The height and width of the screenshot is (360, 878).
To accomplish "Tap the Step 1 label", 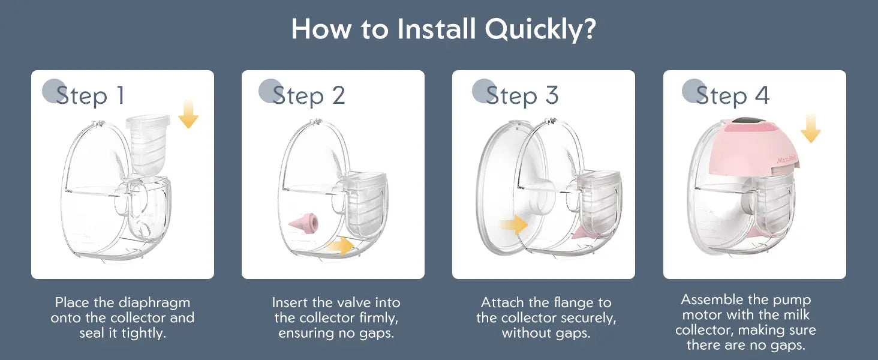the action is tap(90, 95).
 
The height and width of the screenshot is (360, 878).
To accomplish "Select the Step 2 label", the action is tap(309, 95).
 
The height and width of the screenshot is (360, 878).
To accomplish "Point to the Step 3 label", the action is tap(522, 95).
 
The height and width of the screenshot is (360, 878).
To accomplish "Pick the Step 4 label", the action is tap(733, 95).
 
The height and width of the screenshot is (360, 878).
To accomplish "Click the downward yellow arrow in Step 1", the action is tap(188, 114).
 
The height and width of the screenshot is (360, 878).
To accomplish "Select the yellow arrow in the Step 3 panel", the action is tap(514, 225).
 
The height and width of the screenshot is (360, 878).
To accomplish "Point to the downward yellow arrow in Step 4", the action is tap(811, 128).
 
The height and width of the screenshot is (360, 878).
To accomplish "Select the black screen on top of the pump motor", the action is tap(751, 121).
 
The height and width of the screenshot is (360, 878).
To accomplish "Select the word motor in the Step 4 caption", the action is tap(702, 315).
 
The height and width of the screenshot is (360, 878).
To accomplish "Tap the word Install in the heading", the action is tap(437, 28).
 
